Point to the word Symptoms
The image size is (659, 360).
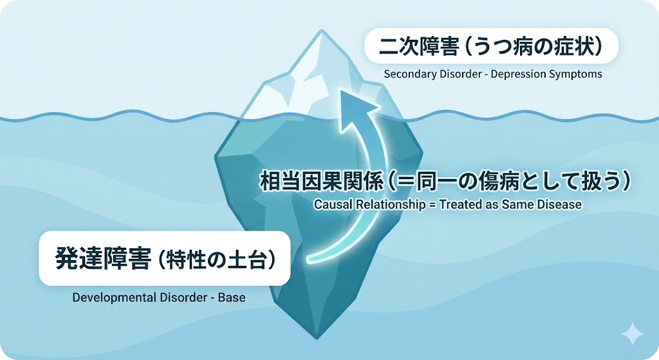coord(575,73)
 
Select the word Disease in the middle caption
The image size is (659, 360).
coord(561,205)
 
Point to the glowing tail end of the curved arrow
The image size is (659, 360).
coord(311,260)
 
